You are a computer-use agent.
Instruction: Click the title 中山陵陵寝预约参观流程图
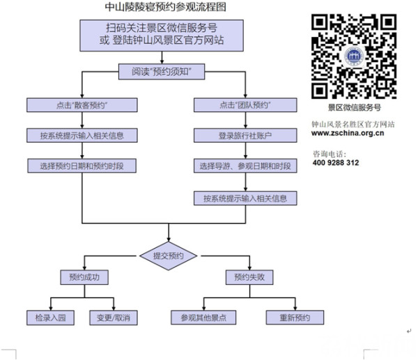click(x=165, y=8)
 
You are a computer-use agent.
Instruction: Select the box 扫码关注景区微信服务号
click(x=165, y=35)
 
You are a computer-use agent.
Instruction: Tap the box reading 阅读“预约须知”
click(x=165, y=72)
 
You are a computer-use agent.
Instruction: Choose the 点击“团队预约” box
click(x=245, y=104)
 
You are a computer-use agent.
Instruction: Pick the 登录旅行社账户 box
click(x=245, y=135)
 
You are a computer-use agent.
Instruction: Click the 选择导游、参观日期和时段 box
click(x=245, y=166)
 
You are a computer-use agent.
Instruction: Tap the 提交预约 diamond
click(x=168, y=256)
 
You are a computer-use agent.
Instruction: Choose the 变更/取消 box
click(x=114, y=318)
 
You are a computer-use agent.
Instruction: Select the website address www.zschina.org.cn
click(x=348, y=134)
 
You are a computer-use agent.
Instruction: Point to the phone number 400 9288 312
click(x=336, y=162)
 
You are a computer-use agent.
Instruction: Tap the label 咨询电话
click(x=329, y=152)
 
